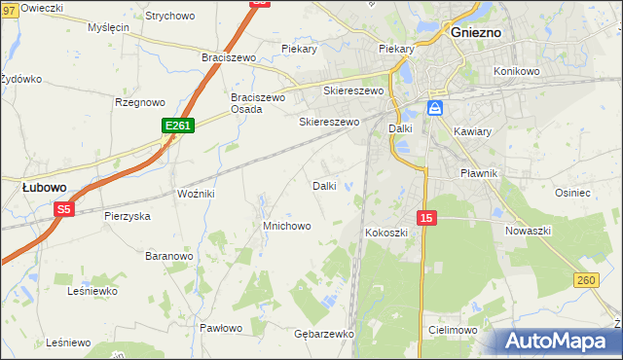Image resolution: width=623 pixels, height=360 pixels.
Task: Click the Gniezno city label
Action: pos(476,32)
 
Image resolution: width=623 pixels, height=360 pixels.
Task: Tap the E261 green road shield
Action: pos(178,126)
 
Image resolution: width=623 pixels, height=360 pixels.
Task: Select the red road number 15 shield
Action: pos(425,218)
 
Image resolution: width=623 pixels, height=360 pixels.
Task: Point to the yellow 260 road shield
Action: pos(585,280)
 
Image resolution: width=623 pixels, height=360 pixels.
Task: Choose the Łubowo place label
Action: pos(45,187)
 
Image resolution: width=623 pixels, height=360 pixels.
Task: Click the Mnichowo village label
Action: pos(286,226)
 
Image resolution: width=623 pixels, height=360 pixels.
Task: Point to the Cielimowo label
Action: pos(452,331)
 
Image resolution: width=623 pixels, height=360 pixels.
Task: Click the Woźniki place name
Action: pos(195,194)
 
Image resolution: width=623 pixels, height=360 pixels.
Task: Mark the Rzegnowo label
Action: pos(140,102)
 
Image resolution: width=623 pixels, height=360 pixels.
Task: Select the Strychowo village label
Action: pos(169,17)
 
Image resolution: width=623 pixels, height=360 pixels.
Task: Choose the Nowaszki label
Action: pos(529,231)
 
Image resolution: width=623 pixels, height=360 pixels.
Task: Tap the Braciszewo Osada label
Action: pos(257,103)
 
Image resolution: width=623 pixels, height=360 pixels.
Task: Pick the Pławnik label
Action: pos(479,173)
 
